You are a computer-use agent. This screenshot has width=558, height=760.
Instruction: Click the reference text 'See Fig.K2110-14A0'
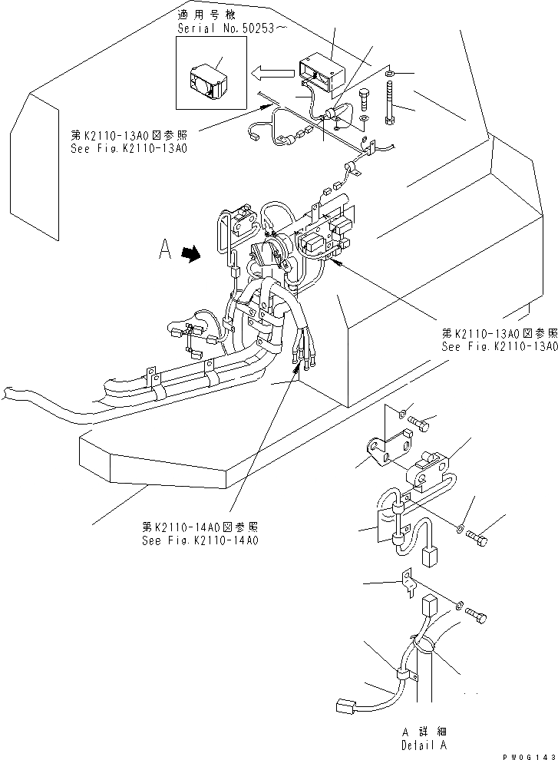tap(200, 540)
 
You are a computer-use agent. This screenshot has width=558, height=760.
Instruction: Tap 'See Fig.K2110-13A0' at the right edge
tap(499, 346)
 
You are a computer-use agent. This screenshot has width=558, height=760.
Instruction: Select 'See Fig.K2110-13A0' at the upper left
tap(130, 149)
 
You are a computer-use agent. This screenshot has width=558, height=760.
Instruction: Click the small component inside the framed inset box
tap(205, 80)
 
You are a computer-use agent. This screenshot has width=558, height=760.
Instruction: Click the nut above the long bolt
tap(390, 73)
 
